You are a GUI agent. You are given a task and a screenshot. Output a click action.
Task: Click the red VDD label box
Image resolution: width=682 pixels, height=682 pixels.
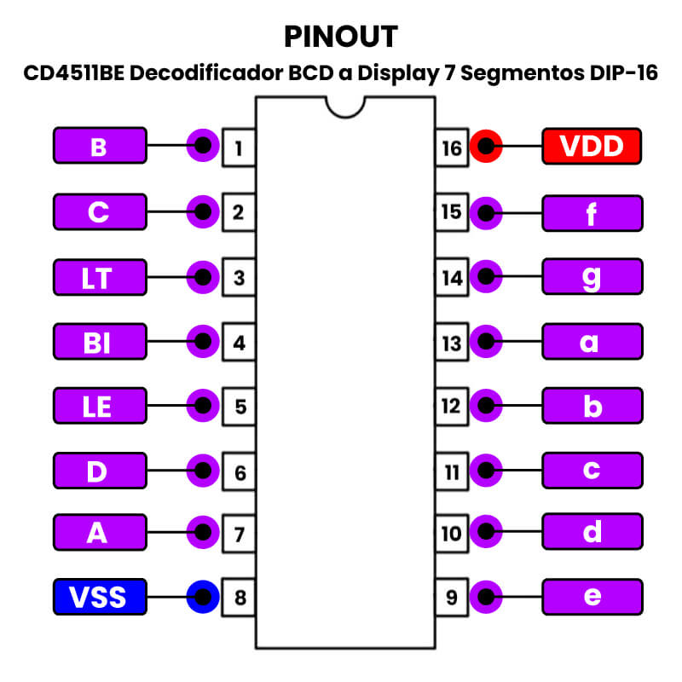(592, 147)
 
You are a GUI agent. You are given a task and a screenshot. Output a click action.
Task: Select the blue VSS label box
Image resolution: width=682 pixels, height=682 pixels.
(99, 596)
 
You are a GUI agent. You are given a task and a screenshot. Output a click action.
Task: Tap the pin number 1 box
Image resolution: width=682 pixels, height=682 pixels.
(239, 147)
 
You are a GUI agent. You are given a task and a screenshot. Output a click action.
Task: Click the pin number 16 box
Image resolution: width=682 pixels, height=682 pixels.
(452, 147)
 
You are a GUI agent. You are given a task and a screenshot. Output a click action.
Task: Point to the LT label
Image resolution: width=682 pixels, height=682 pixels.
(99, 277)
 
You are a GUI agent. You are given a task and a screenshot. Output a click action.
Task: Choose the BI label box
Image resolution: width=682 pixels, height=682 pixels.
(99, 342)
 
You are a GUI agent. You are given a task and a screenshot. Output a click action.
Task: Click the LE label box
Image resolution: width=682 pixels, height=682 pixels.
(99, 406)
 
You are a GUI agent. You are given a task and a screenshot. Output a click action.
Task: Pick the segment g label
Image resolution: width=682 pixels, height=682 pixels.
(592, 277)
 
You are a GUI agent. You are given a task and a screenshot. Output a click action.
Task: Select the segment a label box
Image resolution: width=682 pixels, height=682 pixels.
(592, 342)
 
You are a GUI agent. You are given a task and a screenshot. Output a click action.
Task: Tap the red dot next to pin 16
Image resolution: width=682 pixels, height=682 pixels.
(486, 147)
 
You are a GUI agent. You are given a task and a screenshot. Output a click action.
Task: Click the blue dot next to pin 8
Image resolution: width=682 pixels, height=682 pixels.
(202, 596)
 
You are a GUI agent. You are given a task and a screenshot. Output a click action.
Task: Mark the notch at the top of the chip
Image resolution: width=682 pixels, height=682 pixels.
(346, 106)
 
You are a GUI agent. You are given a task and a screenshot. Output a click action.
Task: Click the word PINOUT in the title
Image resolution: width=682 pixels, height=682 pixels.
(341, 37)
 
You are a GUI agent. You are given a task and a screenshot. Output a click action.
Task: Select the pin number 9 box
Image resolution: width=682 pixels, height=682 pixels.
(452, 597)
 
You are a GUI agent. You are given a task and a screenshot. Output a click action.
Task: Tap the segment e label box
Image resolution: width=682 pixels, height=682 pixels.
(592, 596)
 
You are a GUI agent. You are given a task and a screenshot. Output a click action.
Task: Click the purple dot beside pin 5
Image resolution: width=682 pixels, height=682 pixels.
(202, 406)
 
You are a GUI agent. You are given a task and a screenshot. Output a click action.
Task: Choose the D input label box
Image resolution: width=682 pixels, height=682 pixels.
(99, 470)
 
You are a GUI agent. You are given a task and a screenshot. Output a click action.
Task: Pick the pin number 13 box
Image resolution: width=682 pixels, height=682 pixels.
(452, 343)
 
